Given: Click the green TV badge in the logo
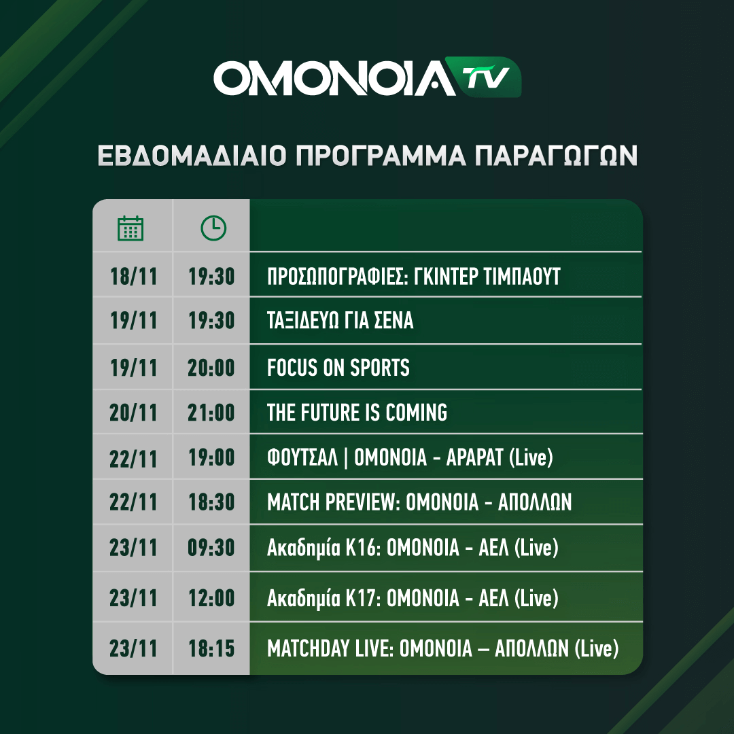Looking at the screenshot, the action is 483,77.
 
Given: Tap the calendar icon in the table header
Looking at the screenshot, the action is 130,228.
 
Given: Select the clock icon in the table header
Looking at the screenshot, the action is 213,228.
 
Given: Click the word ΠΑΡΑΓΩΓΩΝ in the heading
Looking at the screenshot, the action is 556,156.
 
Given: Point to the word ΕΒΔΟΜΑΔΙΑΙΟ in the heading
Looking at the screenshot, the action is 192,156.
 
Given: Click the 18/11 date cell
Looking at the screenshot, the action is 133,276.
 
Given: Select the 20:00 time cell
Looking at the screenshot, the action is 211,368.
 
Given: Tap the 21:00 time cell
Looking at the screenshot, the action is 211,413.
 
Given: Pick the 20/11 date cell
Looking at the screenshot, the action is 133,413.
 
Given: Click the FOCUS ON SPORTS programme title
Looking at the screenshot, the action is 338,368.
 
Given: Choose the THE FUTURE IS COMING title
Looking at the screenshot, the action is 357,413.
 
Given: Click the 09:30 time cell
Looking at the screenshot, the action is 211,548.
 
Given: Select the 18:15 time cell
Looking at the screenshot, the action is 211,648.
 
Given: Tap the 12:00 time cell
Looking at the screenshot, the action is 211,598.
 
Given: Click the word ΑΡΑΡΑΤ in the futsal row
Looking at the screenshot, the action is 474,457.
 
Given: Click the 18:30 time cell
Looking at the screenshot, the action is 211,502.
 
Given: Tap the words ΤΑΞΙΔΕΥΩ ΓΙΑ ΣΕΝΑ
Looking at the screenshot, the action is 340,321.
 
